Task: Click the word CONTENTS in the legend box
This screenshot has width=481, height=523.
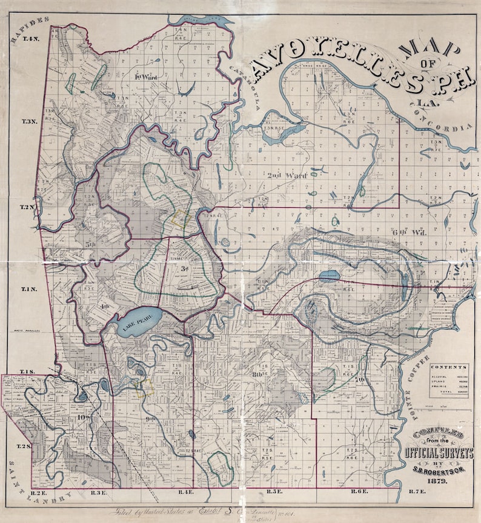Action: (x=448, y=368)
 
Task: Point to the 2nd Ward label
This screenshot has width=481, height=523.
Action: (x=288, y=175)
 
